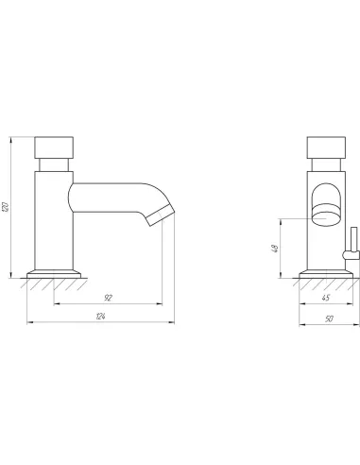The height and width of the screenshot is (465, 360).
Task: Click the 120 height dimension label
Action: click(x=6, y=207)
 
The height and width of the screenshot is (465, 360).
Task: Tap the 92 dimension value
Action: click(x=108, y=298)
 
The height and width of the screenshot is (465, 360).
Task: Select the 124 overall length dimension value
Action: click(x=100, y=317)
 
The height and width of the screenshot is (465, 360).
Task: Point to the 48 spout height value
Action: click(x=275, y=249)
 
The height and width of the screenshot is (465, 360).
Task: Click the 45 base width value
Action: click(x=326, y=298)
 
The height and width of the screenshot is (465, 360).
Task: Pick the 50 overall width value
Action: click(x=329, y=319)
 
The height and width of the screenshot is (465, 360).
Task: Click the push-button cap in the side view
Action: click(x=54, y=147)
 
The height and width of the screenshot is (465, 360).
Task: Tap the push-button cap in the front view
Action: click(x=326, y=147)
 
